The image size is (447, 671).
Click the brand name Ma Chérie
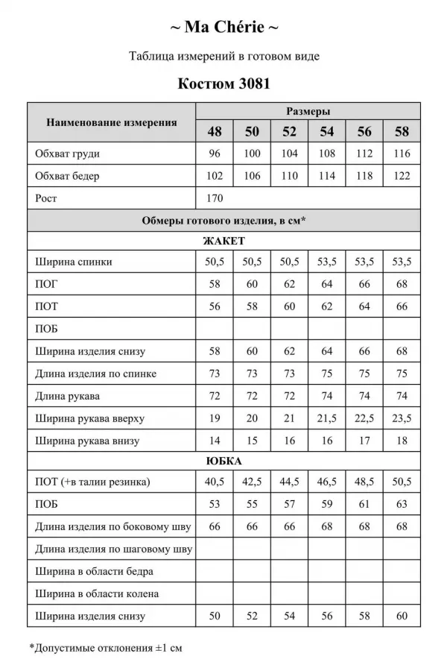tap(223, 28)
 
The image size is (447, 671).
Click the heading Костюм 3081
tap(223, 84)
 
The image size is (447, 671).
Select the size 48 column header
tap(215, 132)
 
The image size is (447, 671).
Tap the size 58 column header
tap(402, 132)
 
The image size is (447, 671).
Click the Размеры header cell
tap(308, 111)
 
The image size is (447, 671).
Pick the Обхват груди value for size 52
tap(289, 154)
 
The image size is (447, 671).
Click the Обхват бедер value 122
tap(402, 177)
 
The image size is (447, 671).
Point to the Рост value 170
tap(215, 198)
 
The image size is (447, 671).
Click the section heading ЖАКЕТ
tap(223, 241)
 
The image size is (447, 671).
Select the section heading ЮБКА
tap(223, 461)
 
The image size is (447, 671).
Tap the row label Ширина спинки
tap(74, 262)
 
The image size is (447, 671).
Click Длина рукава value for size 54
tap(326, 396)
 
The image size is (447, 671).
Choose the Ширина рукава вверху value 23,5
tap(402, 418)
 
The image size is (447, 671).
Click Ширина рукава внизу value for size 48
tap(215, 441)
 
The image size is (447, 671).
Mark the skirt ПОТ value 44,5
tap(289, 482)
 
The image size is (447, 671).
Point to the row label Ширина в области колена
tap(97, 594)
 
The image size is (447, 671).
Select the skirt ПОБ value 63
tap(402, 505)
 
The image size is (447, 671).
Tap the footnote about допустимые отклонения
tap(105, 648)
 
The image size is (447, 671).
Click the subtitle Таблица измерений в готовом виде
tap(223, 57)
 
